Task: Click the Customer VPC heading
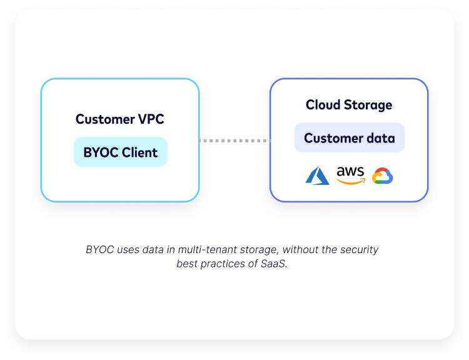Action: [x=120, y=119]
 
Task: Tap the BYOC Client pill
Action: [x=121, y=152]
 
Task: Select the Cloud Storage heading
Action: [x=349, y=104]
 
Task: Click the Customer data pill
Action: [x=350, y=138]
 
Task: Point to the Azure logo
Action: [x=317, y=176]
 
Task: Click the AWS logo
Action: [x=350, y=175]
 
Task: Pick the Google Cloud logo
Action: [x=382, y=176]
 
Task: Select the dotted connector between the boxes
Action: [x=234, y=141]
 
